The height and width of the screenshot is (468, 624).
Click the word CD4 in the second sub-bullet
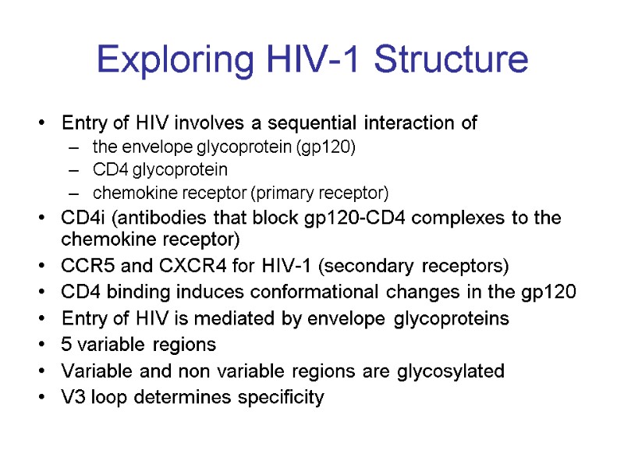coord(106,169)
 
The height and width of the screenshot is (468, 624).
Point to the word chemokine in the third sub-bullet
coord(123,192)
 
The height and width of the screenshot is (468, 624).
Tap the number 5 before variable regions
coord(66,344)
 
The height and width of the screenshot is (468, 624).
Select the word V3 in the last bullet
coord(72,397)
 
